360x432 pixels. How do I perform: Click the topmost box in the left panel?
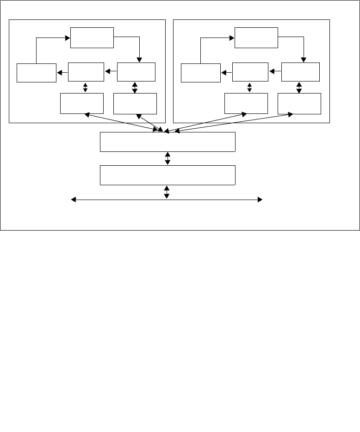pyautogui.click(x=92, y=38)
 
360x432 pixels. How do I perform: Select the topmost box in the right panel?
pyautogui.click(x=256, y=38)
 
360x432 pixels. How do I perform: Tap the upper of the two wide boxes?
pyautogui.click(x=168, y=142)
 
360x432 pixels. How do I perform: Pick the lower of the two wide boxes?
pyautogui.click(x=168, y=175)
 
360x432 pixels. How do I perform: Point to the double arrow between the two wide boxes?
pyautogui.click(x=168, y=158)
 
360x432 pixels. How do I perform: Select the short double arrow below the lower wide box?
pyautogui.click(x=167, y=192)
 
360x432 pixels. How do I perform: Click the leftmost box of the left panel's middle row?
pyautogui.click(x=37, y=73)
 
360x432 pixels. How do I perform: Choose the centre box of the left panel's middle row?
pyautogui.click(x=86, y=72)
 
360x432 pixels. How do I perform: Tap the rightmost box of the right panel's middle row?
pyautogui.click(x=300, y=72)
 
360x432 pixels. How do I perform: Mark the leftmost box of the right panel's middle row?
pyautogui.click(x=201, y=73)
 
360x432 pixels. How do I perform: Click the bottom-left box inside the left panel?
pyautogui.click(x=82, y=103)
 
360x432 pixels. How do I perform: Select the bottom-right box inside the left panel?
pyautogui.click(x=135, y=103)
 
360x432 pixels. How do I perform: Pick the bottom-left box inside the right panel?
pyautogui.click(x=246, y=103)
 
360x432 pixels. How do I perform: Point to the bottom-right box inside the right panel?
pyautogui.click(x=299, y=103)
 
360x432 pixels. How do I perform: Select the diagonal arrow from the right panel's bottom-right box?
pyautogui.click(x=231, y=122)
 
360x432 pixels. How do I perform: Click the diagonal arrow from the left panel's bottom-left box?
pyautogui.click(x=123, y=122)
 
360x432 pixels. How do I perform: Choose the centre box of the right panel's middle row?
pyautogui.click(x=250, y=72)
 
